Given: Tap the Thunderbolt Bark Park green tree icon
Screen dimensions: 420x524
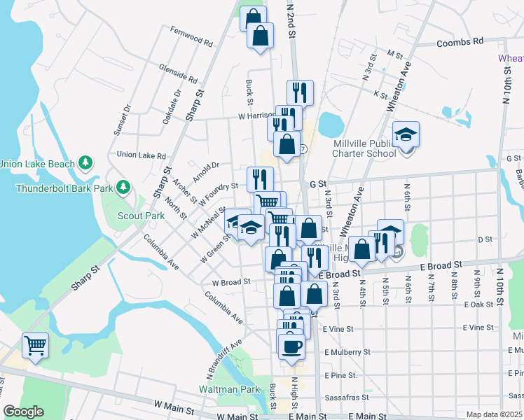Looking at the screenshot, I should coord(124,187).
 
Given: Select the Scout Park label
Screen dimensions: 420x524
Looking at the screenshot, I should coord(141,216).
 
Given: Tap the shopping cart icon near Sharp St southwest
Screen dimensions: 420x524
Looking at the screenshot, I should coord(35,344).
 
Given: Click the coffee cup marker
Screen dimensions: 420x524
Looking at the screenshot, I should coord(291,345).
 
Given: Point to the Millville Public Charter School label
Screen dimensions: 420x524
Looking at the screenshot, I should coord(365,149).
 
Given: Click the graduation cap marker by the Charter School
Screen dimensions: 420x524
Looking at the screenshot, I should coord(406,134).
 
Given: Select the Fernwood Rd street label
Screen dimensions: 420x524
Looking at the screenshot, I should coord(191,36).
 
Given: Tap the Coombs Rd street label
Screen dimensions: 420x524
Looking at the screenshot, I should coord(460,42).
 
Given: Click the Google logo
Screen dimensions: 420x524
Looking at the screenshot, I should coord(23,412).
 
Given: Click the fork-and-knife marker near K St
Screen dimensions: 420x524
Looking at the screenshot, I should coord(300,92).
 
